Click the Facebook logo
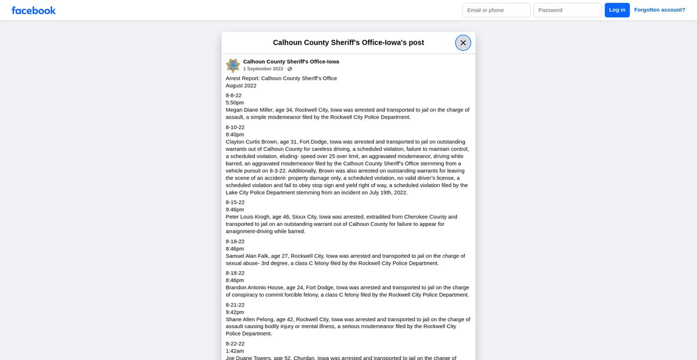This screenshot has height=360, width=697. (x=34, y=10)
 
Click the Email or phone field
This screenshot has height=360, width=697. (x=496, y=10)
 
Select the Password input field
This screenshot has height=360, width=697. (x=567, y=10)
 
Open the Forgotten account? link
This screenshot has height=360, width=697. (x=659, y=10)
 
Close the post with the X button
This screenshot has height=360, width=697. (x=463, y=42)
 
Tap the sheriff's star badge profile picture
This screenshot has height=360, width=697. (x=233, y=65)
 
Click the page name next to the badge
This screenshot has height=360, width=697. (x=291, y=62)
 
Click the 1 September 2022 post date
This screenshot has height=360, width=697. (x=263, y=69)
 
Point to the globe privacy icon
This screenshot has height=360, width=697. (x=290, y=69)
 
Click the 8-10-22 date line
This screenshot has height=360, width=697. (x=235, y=127)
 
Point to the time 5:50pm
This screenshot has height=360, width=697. (x=235, y=103)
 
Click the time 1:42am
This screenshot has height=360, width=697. (x=235, y=351)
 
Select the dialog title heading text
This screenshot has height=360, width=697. (x=348, y=42)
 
